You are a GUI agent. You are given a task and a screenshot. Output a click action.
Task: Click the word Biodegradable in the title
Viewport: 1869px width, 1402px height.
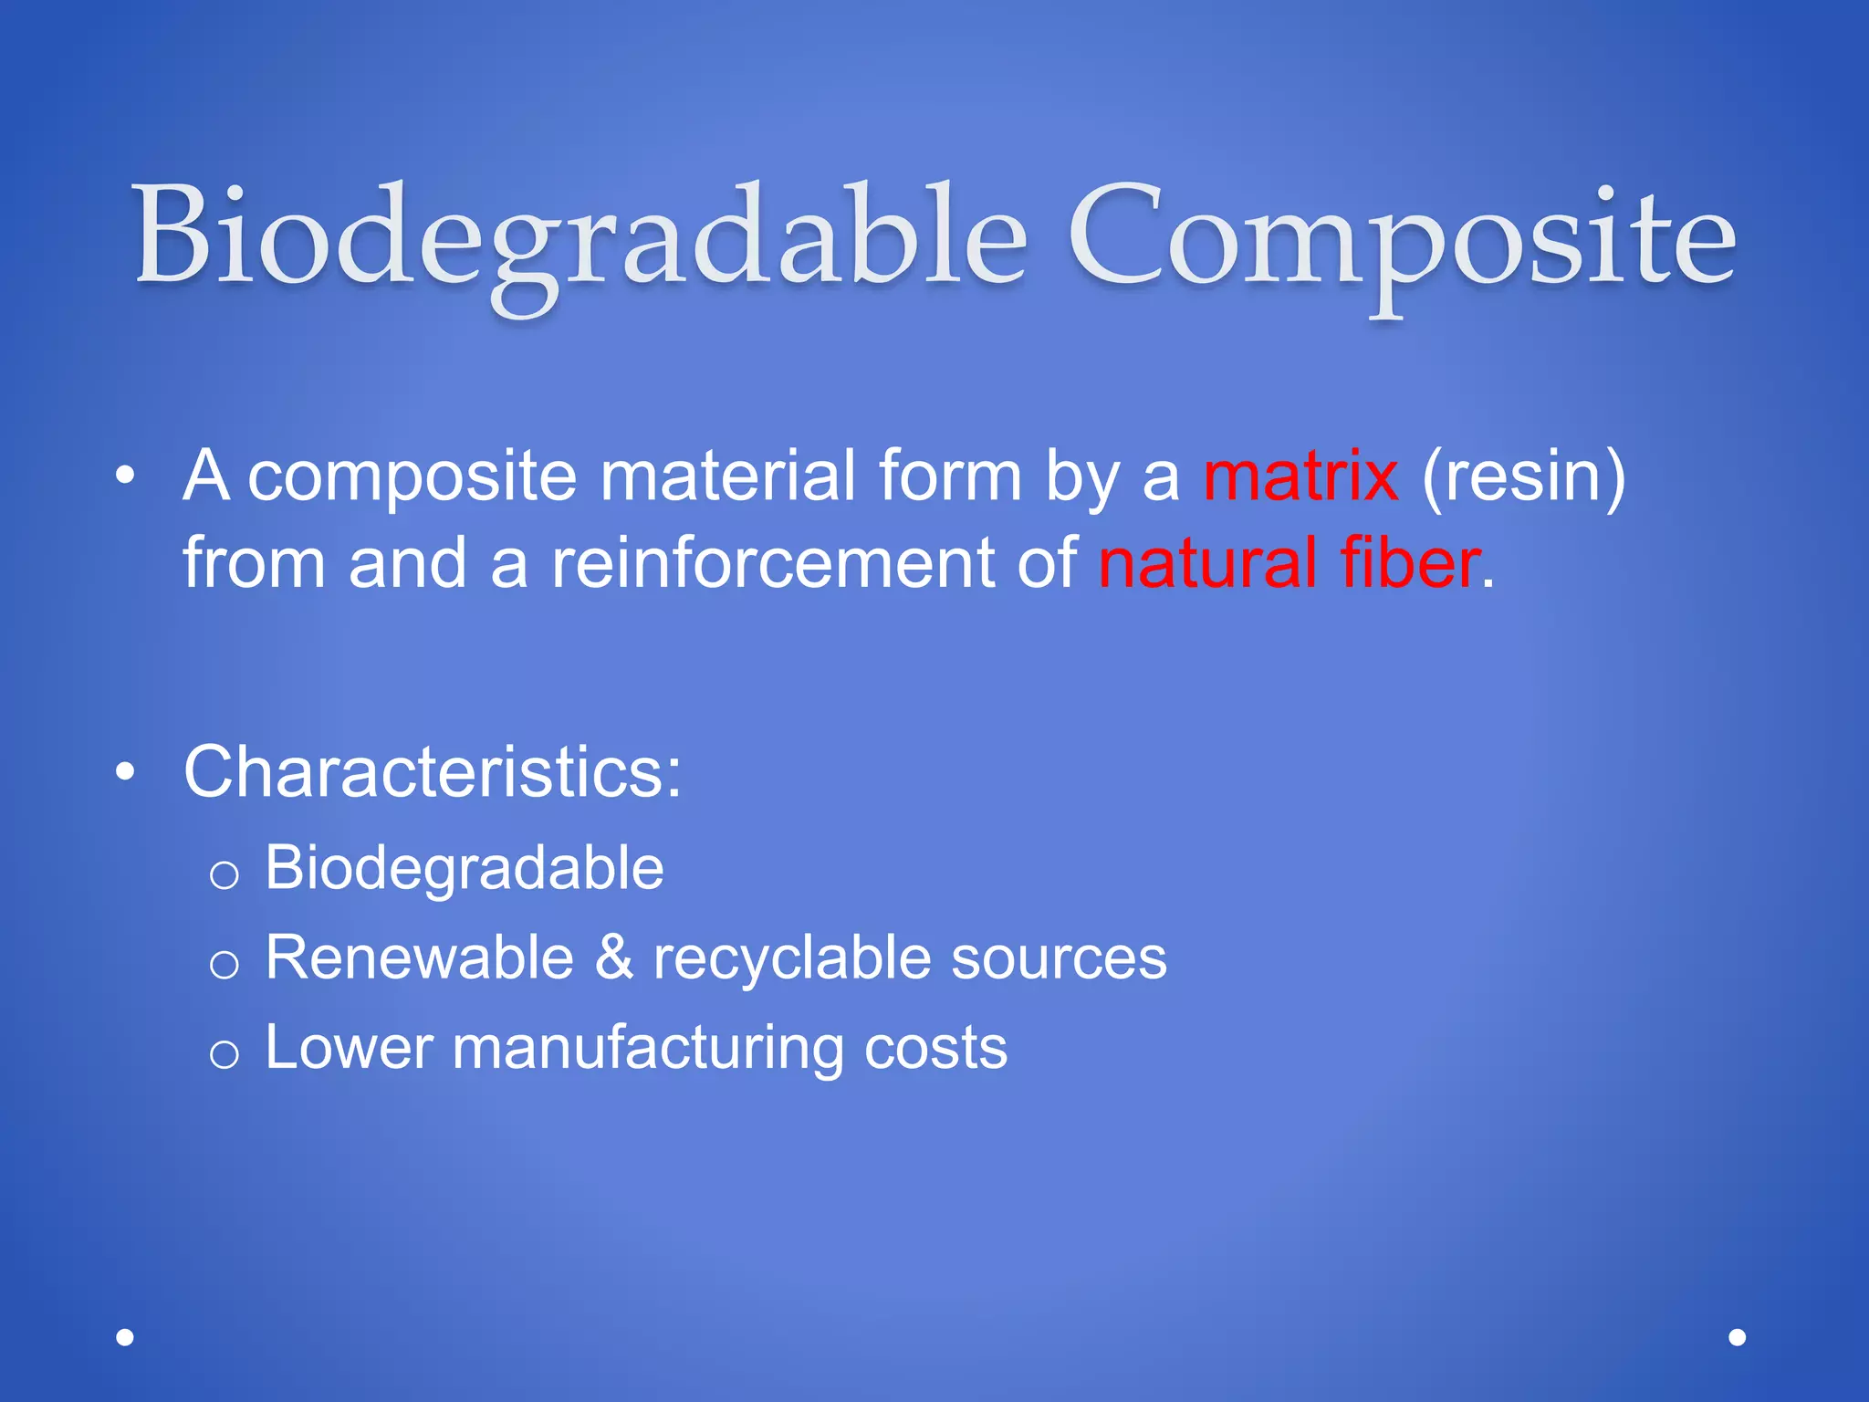(x=580, y=239)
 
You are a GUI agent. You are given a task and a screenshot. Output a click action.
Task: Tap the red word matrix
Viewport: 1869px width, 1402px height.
(x=1300, y=476)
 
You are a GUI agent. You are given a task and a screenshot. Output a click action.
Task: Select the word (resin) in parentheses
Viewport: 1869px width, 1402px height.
(x=1523, y=476)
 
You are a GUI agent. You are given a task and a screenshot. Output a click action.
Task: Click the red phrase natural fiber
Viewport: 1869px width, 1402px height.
(x=1289, y=562)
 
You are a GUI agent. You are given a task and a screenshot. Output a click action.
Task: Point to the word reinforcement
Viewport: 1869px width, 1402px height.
(x=772, y=562)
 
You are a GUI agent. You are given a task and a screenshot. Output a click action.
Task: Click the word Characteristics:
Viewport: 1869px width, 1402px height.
(x=433, y=772)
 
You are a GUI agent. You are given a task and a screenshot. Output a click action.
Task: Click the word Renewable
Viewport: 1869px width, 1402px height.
(x=419, y=957)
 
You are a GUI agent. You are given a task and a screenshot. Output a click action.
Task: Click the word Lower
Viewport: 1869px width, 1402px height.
(x=348, y=1047)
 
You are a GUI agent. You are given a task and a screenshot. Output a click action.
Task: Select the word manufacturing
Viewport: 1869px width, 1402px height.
(x=647, y=1049)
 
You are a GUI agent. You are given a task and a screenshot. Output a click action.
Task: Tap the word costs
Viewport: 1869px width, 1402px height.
(x=935, y=1049)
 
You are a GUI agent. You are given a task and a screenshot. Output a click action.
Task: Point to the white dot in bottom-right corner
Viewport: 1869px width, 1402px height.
(x=1738, y=1337)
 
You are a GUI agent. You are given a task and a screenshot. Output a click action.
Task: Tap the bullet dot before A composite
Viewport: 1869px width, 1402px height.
(x=126, y=476)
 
